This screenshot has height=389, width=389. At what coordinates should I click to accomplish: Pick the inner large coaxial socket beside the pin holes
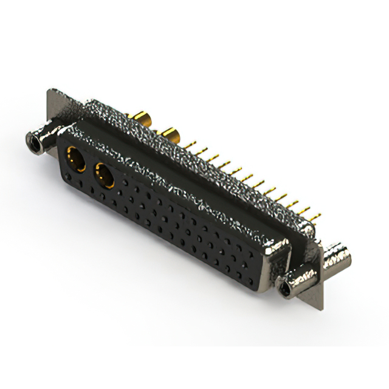[104, 176]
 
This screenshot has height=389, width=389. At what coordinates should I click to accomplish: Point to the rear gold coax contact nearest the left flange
[143, 118]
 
